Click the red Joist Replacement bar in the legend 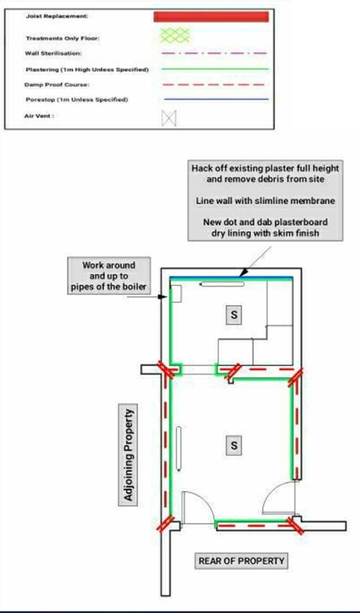click(x=211, y=17)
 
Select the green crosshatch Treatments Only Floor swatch click(x=175, y=35)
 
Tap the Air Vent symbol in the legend click(x=169, y=118)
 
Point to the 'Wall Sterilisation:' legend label click(x=54, y=53)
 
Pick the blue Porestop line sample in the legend click(x=216, y=99)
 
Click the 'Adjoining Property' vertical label click(x=128, y=455)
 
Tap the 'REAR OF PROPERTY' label click(x=241, y=561)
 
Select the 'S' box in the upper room click(x=234, y=315)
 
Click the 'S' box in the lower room click(x=234, y=446)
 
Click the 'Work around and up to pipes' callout click(x=109, y=276)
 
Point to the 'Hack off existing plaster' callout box click(x=265, y=200)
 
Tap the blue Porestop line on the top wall click(x=231, y=278)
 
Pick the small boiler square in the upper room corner click(x=177, y=293)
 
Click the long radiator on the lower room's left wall click(x=179, y=448)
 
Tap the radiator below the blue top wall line click(x=222, y=284)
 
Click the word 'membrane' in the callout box click(x=310, y=200)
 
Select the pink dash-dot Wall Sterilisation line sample click(x=214, y=53)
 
